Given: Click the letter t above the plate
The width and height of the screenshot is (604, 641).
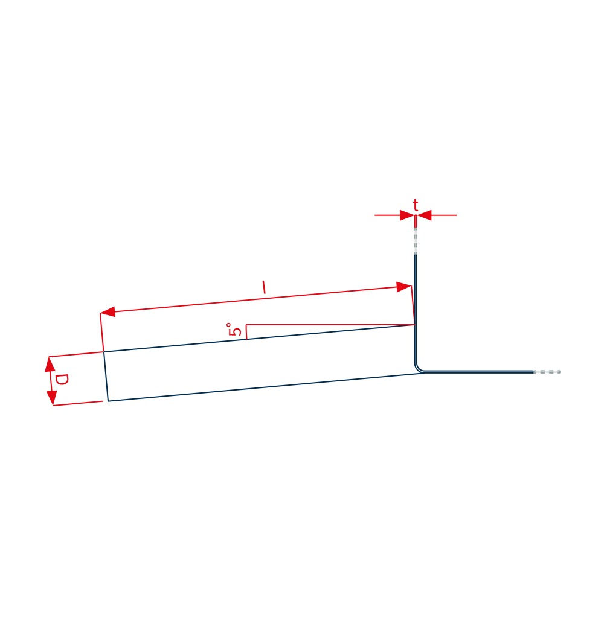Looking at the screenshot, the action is point(416,205).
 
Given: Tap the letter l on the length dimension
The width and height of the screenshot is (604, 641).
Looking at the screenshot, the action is point(264,287).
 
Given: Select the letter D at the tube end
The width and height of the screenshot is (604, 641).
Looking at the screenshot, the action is point(62,380).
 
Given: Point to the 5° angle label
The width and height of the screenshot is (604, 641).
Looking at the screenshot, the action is point(234,330).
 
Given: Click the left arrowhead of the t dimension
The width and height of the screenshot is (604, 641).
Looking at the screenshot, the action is point(408,215).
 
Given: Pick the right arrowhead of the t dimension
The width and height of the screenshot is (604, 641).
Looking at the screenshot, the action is point(423,215).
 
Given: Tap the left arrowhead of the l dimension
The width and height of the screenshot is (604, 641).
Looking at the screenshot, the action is point(108,312).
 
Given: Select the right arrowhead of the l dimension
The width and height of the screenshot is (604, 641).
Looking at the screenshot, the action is point(404,287).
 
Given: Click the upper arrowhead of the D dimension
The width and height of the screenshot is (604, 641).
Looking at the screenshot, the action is point(50,364).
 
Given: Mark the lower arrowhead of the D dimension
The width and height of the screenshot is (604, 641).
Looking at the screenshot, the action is point(52,398).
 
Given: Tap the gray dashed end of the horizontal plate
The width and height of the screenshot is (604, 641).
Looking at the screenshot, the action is point(547,372).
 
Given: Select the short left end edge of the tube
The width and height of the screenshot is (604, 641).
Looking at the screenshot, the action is point(106,376).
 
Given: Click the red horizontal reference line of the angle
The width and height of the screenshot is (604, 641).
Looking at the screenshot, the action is point(330,325).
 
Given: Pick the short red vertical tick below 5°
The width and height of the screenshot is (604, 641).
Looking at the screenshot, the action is point(246,332).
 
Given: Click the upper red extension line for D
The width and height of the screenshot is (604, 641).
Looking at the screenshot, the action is point(75,354).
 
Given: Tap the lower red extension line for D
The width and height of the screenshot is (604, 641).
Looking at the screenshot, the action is point(78,403).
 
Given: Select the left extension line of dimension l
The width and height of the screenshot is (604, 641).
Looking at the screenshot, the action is point(102,333).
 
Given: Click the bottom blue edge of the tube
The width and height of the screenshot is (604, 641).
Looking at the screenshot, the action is point(266,387).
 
